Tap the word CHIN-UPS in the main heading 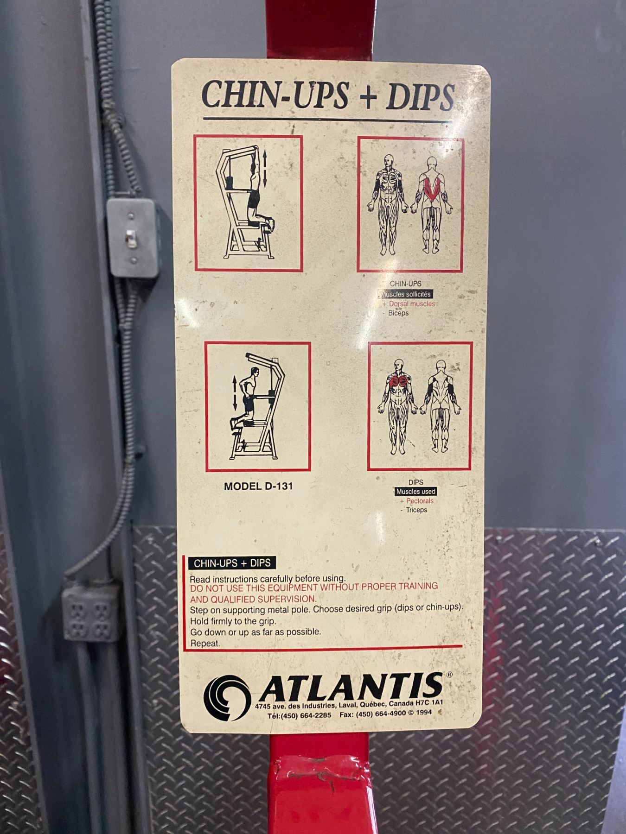[275, 95]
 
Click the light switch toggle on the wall [131, 237]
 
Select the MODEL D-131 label [258, 486]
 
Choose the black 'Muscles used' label [415, 492]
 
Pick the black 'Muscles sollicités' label [406, 294]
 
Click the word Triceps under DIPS [416, 510]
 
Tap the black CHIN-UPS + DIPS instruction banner [232, 563]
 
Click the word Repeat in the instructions [205, 644]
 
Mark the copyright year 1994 [423, 713]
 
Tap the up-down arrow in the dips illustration [235, 392]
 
